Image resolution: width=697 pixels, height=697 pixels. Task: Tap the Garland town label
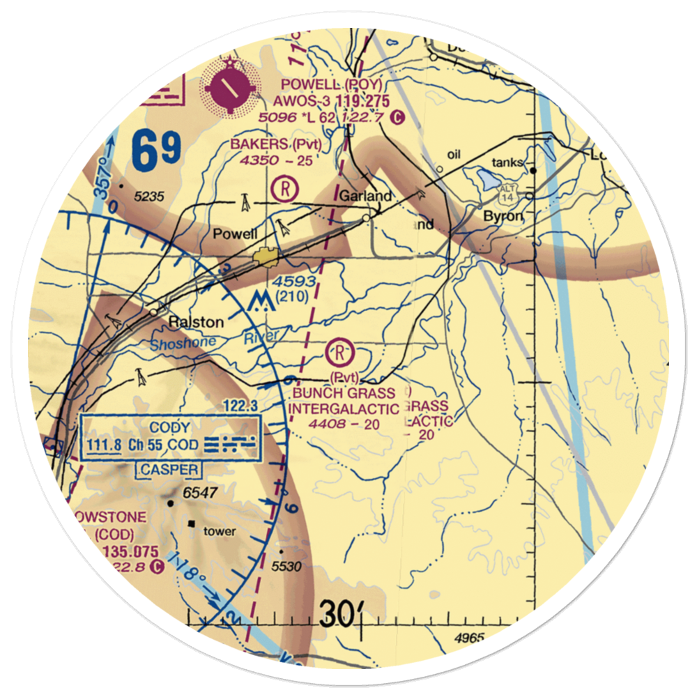[x=365, y=197]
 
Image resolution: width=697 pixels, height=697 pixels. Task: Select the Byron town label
[x=503, y=216]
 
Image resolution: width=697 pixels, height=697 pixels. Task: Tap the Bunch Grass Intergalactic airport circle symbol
[x=339, y=349]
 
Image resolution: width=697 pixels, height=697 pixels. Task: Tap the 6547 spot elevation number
[x=201, y=493]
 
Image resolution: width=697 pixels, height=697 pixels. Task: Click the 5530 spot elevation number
[x=286, y=566]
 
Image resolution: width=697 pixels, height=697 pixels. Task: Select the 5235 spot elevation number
[x=150, y=197]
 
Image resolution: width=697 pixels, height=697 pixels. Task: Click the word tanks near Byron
[x=507, y=162]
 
